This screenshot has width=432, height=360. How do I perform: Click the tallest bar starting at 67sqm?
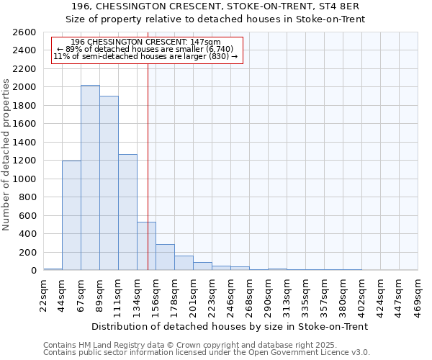tap(90, 178)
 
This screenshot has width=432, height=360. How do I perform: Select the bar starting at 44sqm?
tap(71, 215)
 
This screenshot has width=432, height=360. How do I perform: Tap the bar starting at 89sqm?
tap(109, 183)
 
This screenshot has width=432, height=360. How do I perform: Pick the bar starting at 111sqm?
tap(127, 212)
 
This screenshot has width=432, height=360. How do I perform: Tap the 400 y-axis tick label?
tap(29, 234)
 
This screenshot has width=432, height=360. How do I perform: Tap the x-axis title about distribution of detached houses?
tap(231, 326)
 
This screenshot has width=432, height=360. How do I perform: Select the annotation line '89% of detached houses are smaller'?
tap(145, 49)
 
